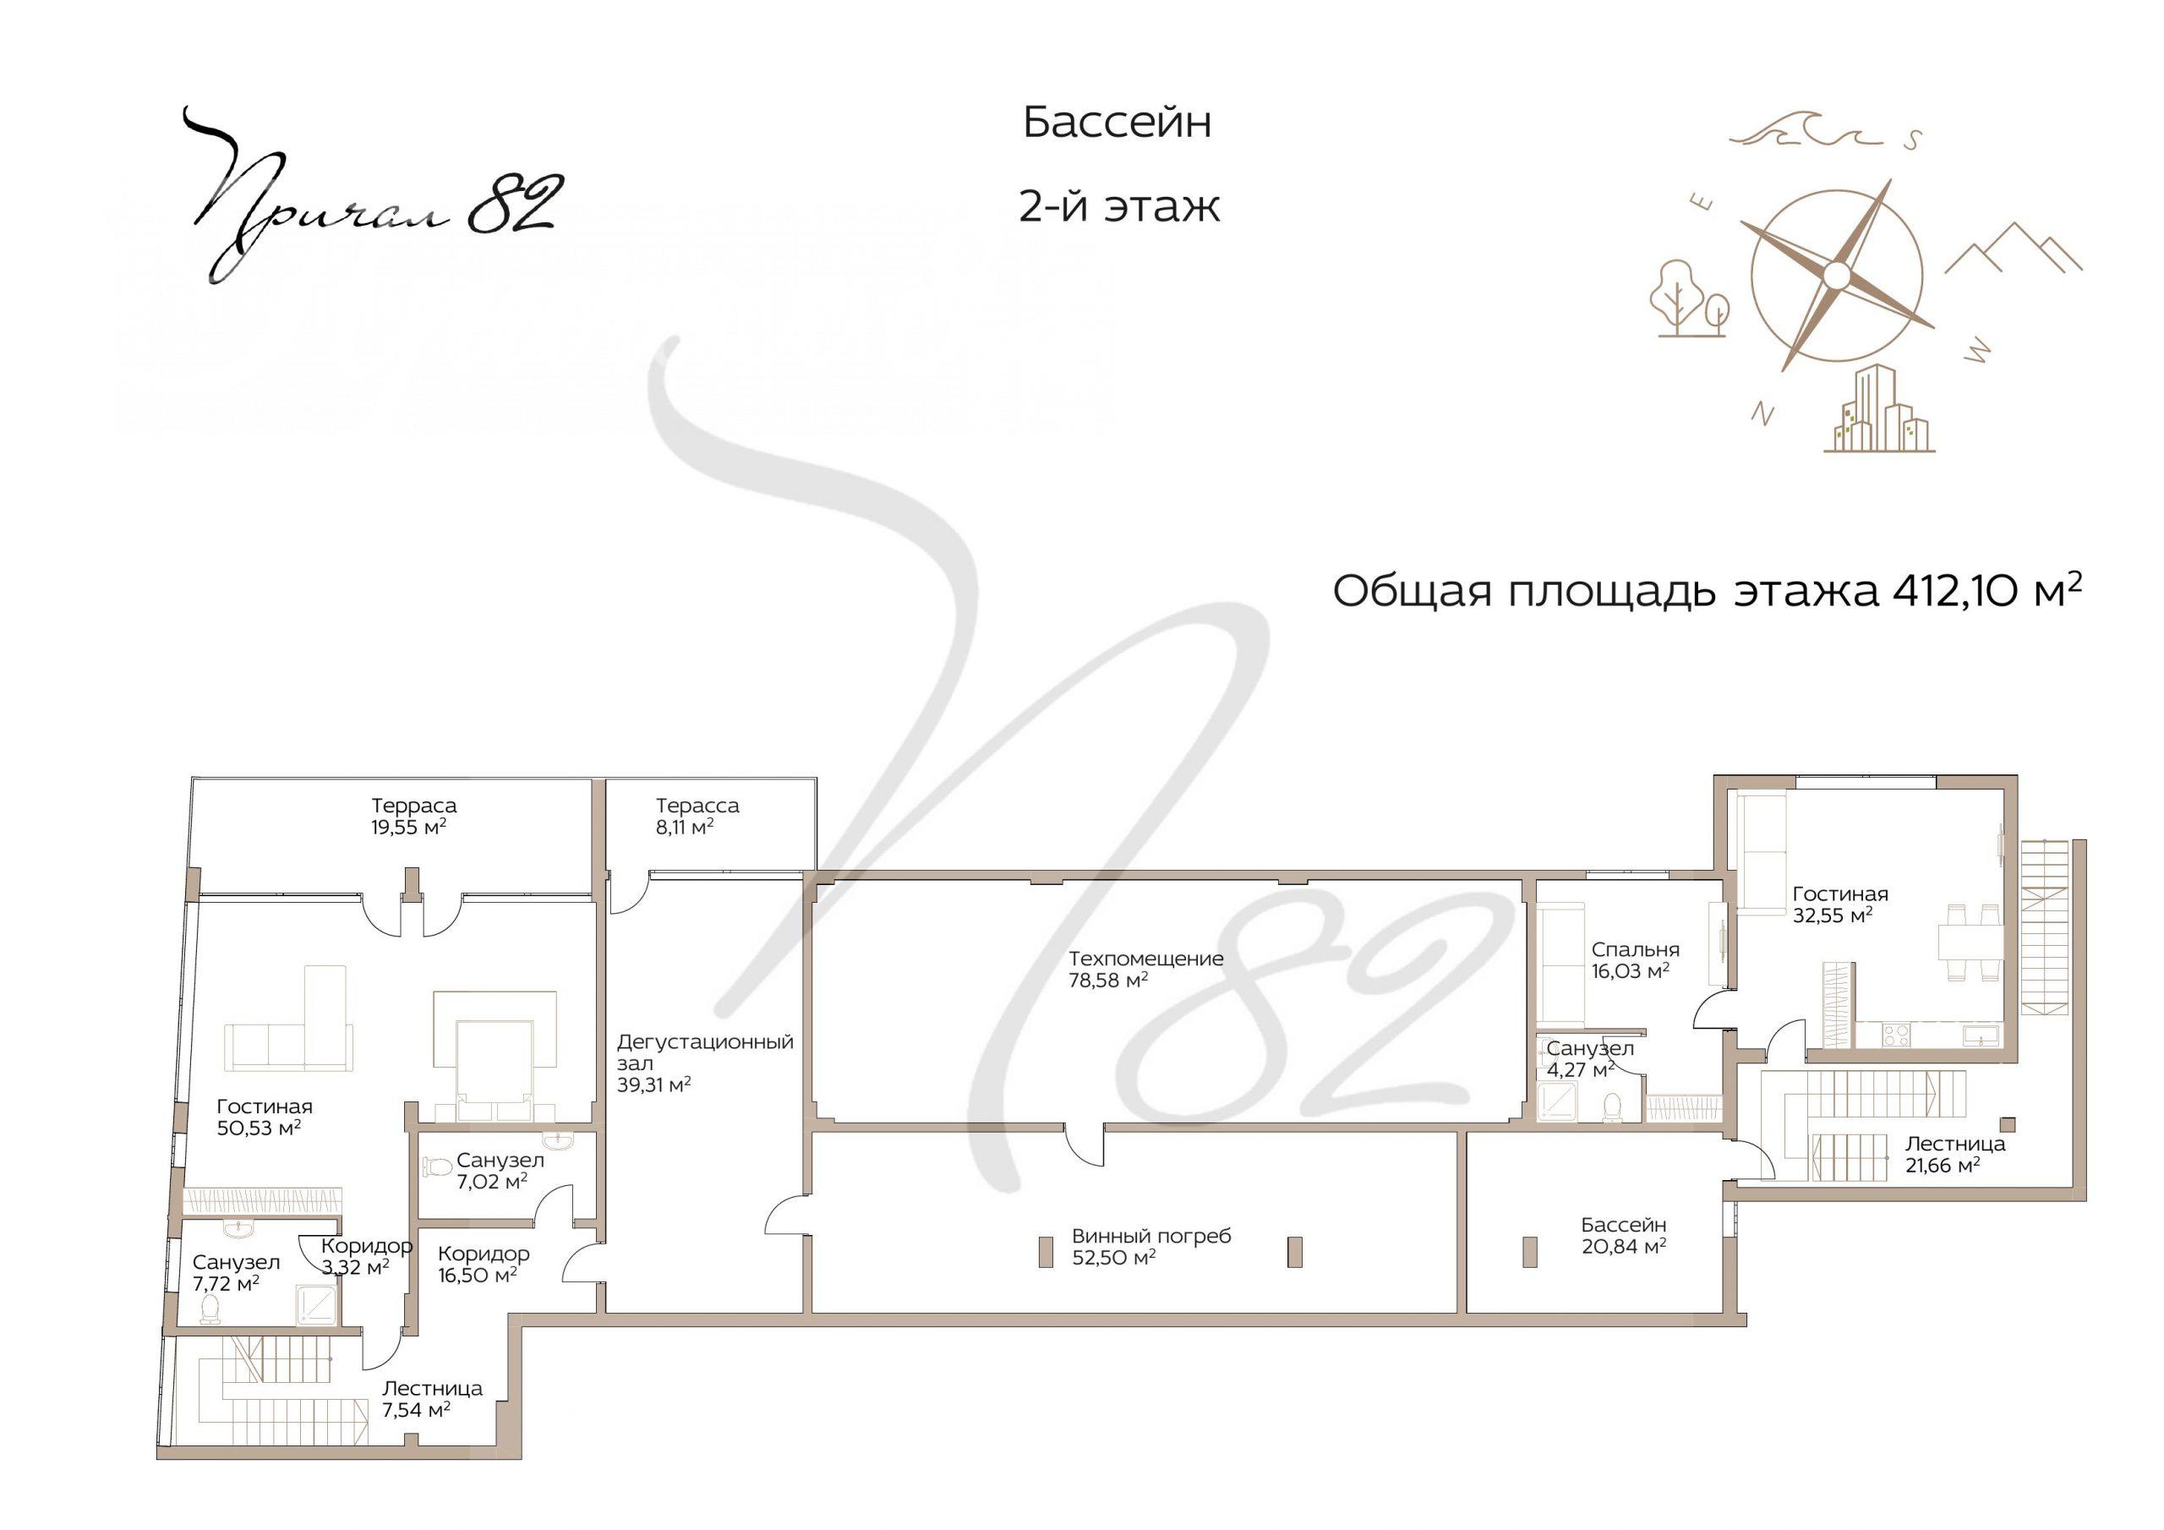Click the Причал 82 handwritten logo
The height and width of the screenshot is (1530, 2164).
tap(372, 197)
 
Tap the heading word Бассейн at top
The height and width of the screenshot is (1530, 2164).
tap(1117, 123)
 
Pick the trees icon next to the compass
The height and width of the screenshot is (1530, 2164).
tap(1689, 298)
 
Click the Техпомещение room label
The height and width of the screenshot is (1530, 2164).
tap(1146, 959)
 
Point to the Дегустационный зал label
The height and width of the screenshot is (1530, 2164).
tap(705, 1052)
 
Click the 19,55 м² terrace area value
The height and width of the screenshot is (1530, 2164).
tap(409, 827)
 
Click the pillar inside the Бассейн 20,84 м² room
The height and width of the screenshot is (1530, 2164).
tap(1531, 1252)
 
